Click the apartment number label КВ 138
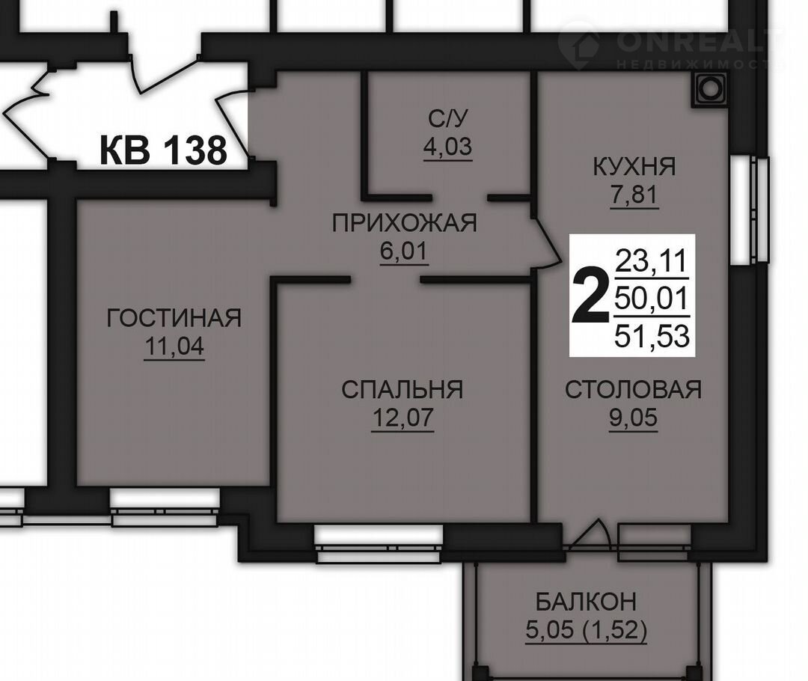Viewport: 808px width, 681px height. [x=163, y=150]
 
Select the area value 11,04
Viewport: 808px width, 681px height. [x=174, y=346]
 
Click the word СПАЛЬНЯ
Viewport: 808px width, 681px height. [x=402, y=389]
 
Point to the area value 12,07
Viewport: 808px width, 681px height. [x=403, y=418]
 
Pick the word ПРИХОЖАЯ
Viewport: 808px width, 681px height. [x=405, y=223]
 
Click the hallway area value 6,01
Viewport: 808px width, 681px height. [x=404, y=251]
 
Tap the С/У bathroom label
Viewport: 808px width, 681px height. [x=448, y=118]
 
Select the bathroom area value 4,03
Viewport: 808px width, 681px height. [x=448, y=147]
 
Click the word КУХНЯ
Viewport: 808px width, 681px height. [x=634, y=167]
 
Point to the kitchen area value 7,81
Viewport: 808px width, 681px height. [x=634, y=195]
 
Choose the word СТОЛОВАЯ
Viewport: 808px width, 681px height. [x=634, y=389]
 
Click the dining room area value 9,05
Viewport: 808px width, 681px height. [x=634, y=418]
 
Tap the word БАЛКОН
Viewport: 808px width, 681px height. [x=586, y=602]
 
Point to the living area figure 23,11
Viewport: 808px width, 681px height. [x=652, y=261]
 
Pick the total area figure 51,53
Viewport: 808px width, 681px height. [x=652, y=336]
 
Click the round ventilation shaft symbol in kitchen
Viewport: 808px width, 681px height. [x=710, y=88]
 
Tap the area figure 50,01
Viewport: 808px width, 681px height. [x=652, y=299]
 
